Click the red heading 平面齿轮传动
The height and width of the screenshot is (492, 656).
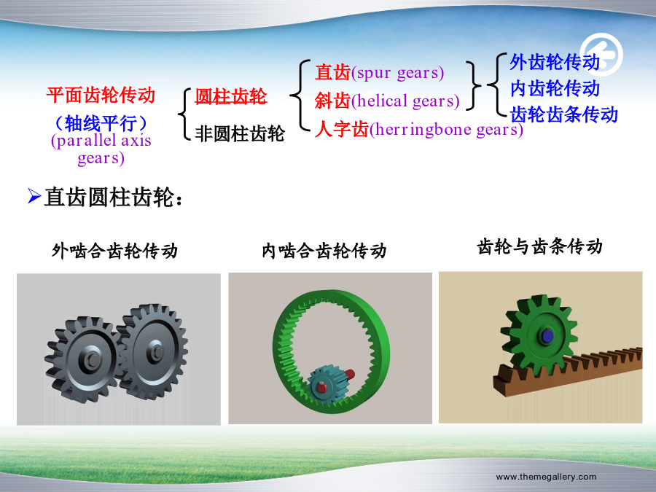pos(101,95)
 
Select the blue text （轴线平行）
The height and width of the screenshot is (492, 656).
pos(101,123)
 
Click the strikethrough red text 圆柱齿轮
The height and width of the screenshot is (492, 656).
pos(231,97)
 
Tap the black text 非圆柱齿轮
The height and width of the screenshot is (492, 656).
pos(240,134)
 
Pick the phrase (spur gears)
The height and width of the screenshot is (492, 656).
pos(397,73)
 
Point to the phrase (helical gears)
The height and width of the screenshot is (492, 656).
pos(405,101)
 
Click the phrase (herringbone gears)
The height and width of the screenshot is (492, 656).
pos(446,129)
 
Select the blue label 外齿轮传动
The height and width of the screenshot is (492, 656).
pos(555,62)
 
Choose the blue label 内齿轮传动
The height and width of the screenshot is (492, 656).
pos(555,88)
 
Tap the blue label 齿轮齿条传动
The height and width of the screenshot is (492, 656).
pos(564,114)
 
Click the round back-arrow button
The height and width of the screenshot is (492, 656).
pos(601,55)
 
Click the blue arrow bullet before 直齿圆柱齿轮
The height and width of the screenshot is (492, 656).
pos(34,196)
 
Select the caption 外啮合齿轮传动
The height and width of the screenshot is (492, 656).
pos(115,251)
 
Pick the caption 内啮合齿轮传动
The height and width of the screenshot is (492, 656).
pos(324,251)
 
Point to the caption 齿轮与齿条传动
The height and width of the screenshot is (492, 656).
pos(539,246)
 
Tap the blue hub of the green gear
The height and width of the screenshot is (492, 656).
pos(546,335)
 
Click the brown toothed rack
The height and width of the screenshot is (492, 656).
pos(568,371)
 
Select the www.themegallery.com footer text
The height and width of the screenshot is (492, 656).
pos(547,477)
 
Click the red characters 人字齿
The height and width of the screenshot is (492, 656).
pos(342,129)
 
